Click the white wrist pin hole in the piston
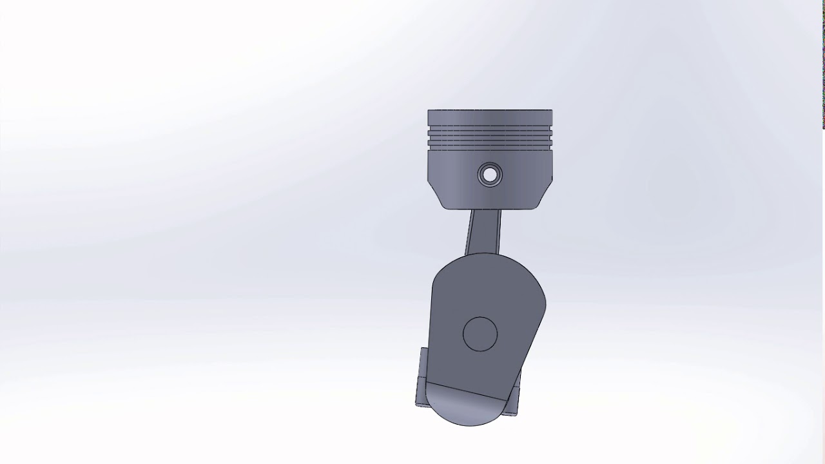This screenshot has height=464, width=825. (490, 174)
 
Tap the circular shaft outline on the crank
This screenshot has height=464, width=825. (480, 334)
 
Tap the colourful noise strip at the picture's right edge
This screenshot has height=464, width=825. (823, 64)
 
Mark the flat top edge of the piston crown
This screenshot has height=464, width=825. (490, 110)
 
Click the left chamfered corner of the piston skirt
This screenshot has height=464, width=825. (435, 196)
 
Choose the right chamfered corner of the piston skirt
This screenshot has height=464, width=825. (545, 196)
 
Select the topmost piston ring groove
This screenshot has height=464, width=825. (490, 133)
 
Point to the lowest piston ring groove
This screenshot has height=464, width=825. (490, 149)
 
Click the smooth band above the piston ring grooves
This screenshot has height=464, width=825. (490, 121)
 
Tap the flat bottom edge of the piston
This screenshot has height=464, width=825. (490, 209)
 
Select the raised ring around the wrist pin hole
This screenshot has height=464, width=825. (482, 174)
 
